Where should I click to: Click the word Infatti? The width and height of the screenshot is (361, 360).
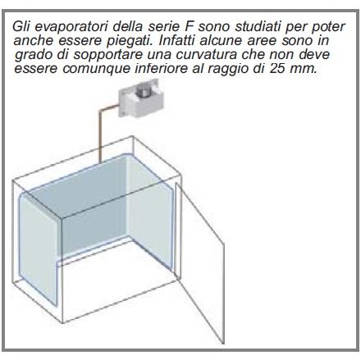pos(178,40)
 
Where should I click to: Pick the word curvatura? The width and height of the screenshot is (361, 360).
pos(206,55)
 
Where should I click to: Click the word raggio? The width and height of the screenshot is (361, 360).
pos(229,69)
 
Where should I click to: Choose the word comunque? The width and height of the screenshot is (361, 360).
pos(93,69)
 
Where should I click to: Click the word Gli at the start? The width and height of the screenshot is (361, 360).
pos(22,27)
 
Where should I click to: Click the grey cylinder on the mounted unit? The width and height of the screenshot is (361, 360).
pos(143,93)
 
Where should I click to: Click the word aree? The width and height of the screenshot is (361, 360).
pos(262,41)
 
